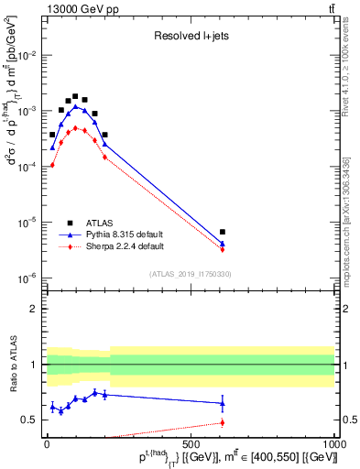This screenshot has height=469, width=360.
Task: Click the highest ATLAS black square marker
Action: pyautogui.click(x=75, y=95)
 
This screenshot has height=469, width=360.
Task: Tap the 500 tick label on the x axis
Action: pyautogui.click(x=190, y=444)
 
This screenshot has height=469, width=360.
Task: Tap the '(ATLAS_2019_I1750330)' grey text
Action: pyautogui.click(x=190, y=273)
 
